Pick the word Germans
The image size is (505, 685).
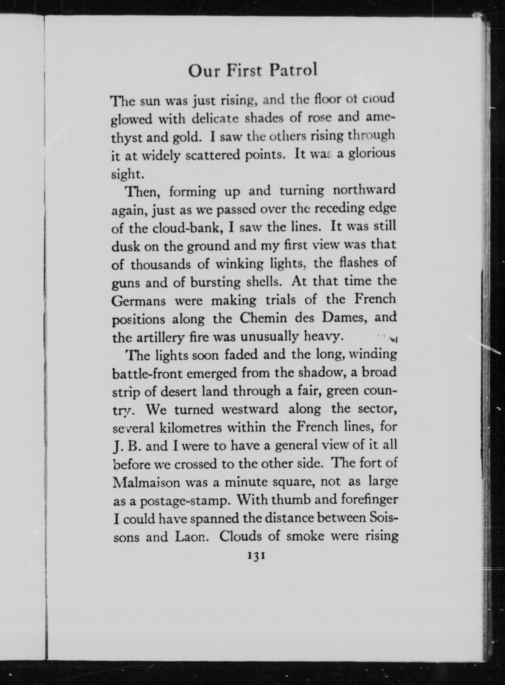click(138, 301)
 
